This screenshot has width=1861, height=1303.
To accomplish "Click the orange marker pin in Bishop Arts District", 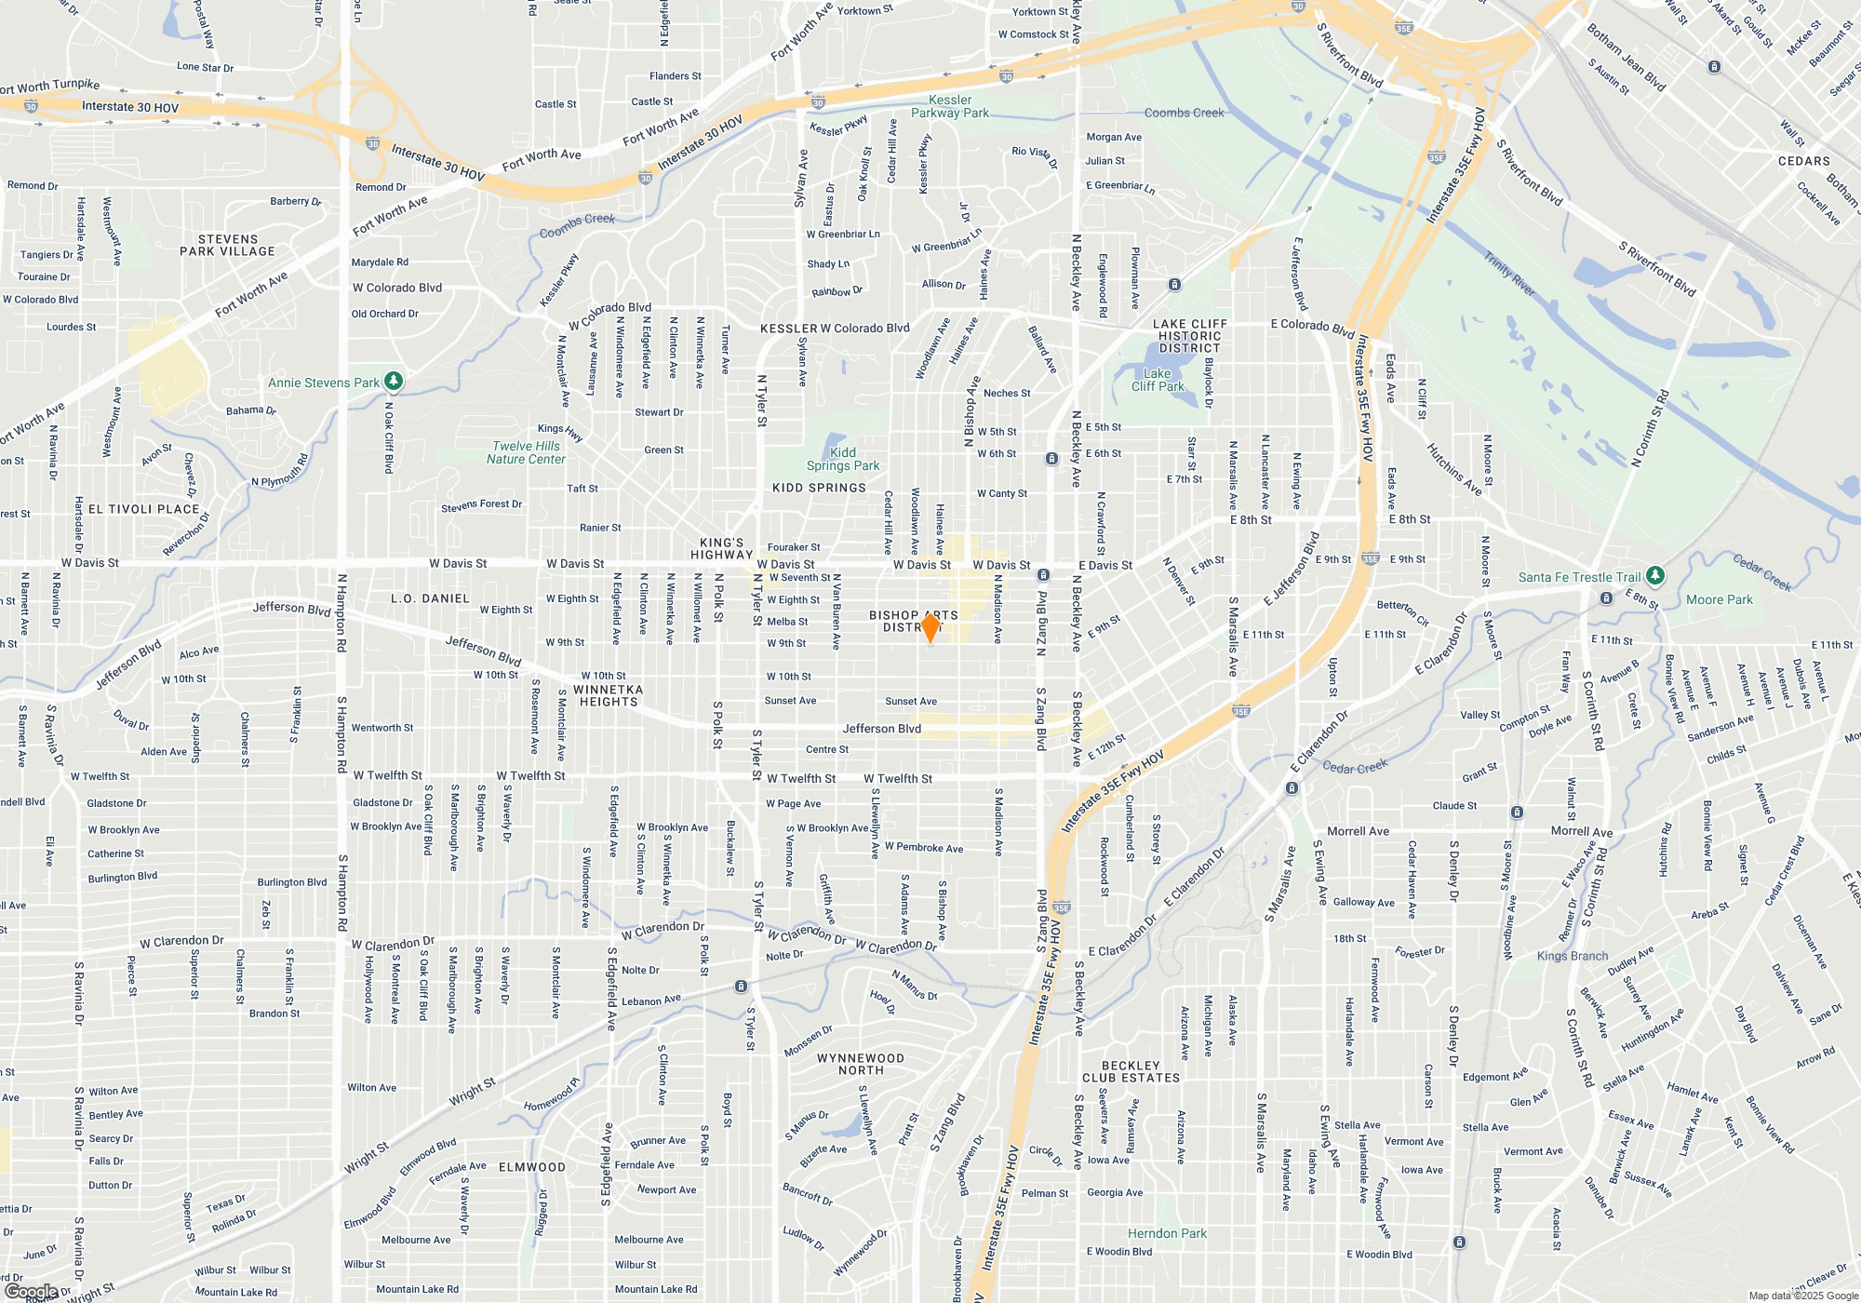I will pos(930,626).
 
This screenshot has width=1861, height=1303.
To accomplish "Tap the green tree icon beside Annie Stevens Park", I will pos(394,381).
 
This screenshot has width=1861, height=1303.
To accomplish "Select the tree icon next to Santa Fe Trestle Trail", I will pos(1654,575).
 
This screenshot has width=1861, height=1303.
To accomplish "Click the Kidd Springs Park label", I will pos(842,459).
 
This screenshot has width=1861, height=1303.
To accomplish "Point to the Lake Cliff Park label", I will pos(1158,380).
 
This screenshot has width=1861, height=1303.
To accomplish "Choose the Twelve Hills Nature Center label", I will pos(526,452).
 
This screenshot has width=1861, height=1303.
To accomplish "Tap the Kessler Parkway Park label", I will pos(950,106).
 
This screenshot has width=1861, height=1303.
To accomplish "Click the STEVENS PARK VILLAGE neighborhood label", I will pos(227,245).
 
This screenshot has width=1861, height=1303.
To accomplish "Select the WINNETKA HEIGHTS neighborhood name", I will pos(609,695).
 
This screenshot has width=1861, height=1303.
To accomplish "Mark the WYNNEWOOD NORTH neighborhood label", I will pos(860,1064).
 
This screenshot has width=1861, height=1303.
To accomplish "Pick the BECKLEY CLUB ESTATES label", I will pos(1131,1071).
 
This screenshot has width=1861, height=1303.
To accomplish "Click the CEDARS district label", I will pos(1803,161).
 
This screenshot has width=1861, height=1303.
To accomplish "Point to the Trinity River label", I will pos(1508,274).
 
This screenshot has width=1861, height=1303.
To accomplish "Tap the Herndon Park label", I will pos(1167,1233).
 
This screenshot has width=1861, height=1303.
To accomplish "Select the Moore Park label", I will pos(1719,599).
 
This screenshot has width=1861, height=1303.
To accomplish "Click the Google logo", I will pos(32,1291).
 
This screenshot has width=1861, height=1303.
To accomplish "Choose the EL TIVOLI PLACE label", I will pos(143,509).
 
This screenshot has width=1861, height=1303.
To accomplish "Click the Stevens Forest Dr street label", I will pos(481,505).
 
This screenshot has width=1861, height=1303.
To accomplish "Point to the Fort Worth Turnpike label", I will pos(50,87).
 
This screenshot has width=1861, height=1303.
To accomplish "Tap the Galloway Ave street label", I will pos(1363,902).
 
